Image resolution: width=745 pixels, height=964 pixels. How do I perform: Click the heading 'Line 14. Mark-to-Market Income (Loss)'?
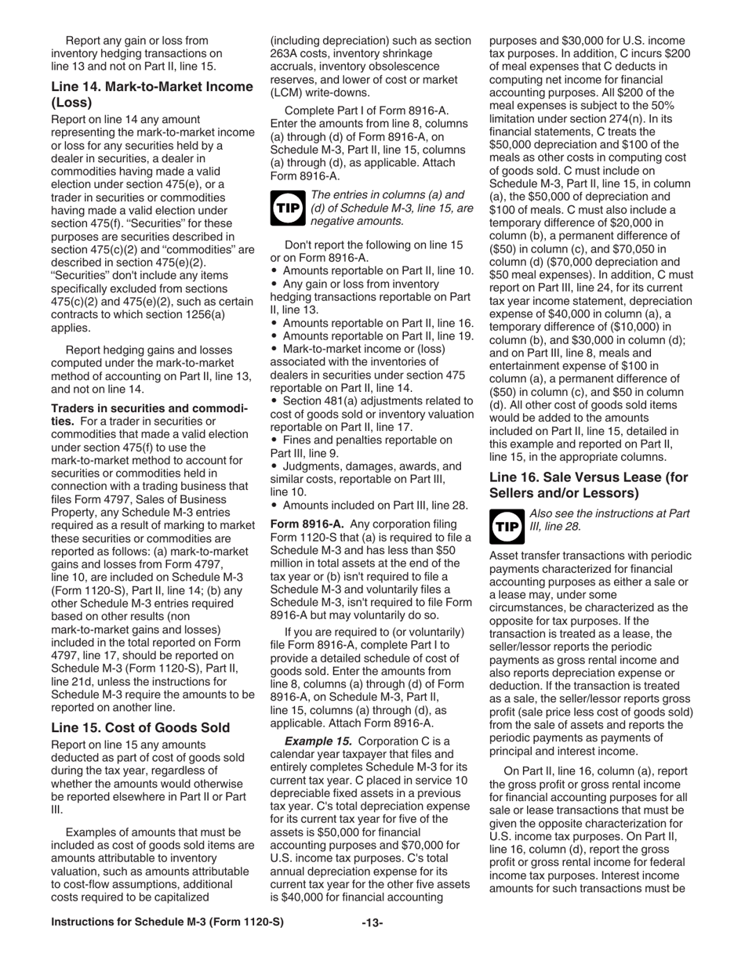coord(151,94)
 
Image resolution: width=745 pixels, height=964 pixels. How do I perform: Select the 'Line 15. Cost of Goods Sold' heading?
coord(140,727)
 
